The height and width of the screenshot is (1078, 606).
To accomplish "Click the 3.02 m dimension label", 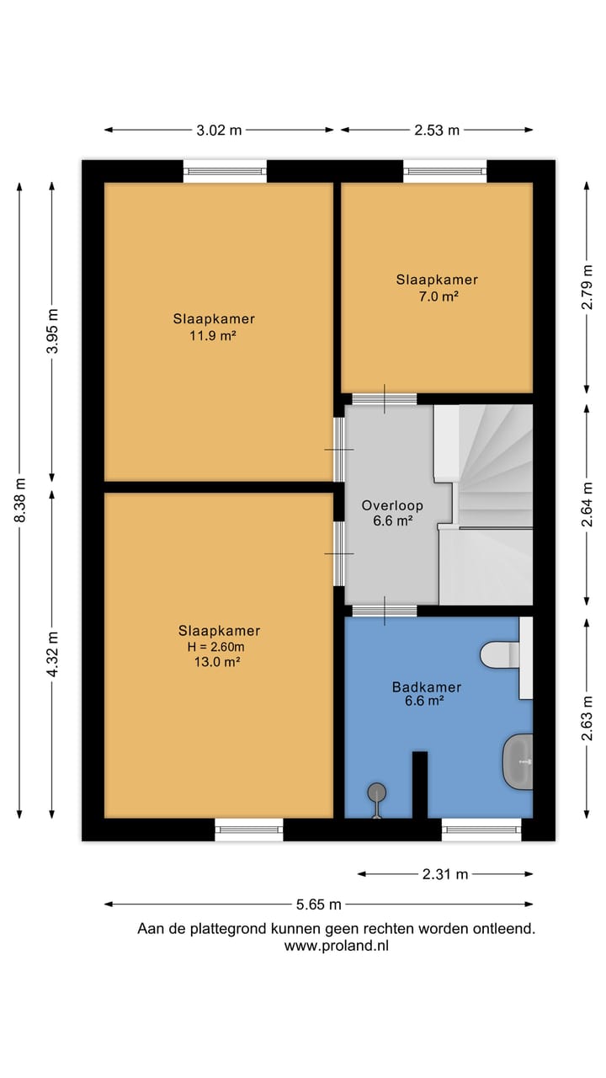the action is coord(219,130).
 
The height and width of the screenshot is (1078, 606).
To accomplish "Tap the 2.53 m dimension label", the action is coord(437,130).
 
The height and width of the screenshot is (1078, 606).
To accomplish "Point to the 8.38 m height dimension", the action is coord(19,500).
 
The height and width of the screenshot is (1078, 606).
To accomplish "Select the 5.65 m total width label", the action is coord(318,905).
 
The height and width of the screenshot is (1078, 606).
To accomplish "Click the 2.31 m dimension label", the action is coord(445,874).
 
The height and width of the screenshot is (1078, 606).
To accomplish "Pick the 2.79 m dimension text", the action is coord(587,287).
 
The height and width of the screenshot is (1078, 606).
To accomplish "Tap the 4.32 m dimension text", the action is coord(52,654).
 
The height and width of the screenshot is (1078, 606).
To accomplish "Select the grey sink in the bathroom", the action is coord(518,761).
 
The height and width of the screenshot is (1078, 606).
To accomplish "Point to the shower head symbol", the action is coord(376,800).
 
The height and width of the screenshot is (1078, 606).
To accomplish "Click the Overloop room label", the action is coord(392,505).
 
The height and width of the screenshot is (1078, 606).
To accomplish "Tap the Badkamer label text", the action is coord(427,686).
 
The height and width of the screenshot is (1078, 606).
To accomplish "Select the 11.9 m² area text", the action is coord(213,335).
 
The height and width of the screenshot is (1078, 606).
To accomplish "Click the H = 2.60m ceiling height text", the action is coord(216,647).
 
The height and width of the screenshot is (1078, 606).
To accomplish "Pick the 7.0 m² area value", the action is coord(438,296).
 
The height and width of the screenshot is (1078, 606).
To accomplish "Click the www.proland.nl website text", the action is coord(336,946).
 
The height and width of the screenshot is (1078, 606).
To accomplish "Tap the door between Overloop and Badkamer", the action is coord(385,611).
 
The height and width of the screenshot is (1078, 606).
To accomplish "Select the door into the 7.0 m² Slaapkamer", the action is coord(385,399).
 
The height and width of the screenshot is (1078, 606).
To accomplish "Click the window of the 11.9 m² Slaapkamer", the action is coord(225,171).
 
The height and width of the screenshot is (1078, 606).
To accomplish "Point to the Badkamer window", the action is coord(481,830).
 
